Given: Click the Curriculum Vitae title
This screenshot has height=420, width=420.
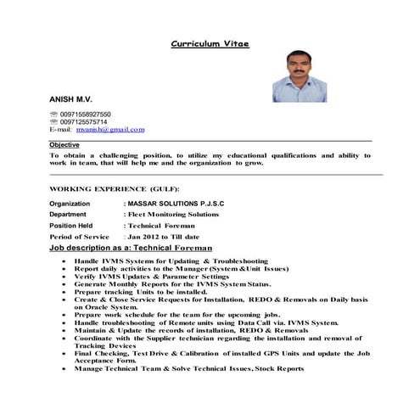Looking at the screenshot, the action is click(210, 42).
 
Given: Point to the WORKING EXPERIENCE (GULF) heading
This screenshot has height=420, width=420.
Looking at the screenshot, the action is click(115, 188).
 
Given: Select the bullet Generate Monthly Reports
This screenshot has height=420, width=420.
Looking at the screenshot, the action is click(172, 284).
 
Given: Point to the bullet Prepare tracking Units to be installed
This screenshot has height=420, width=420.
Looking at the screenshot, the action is click(141, 292).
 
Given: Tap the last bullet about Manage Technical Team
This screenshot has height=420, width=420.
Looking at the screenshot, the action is click(188, 369).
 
